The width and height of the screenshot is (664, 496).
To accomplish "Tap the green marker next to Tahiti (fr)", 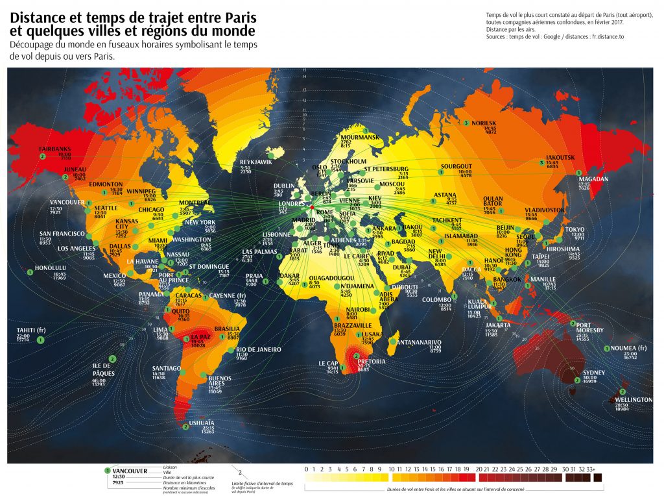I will pos(41,340).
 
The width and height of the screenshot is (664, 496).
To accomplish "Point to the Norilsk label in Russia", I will pos(484,123).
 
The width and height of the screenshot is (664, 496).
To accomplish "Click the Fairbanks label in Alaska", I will pos(54,149).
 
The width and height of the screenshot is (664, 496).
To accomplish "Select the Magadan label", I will pos(593,179).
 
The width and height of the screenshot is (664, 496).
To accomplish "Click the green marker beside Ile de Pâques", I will pos(112,359).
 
